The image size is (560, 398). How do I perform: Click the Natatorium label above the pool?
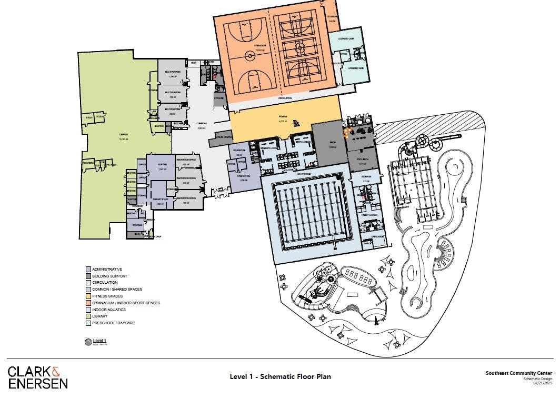pyautogui.click(x=311, y=174)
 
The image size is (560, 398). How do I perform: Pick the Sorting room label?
pyautogui.click(x=162, y=165)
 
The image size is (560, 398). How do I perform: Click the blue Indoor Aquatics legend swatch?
pyautogui.click(x=88, y=310)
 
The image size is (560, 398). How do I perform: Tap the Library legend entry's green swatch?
pyautogui.click(x=88, y=316)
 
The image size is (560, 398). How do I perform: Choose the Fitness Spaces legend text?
pyautogui.click(x=110, y=296)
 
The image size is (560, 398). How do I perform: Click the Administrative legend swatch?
pyautogui.click(x=88, y=269)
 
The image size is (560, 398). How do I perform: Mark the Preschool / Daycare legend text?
pyautogui.click(x=113, y=323)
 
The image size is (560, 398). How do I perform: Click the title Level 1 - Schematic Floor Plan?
pyautogui.click(x=280, y=376)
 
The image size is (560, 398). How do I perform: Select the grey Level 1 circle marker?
pyautogui.click(x=87, y=342)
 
